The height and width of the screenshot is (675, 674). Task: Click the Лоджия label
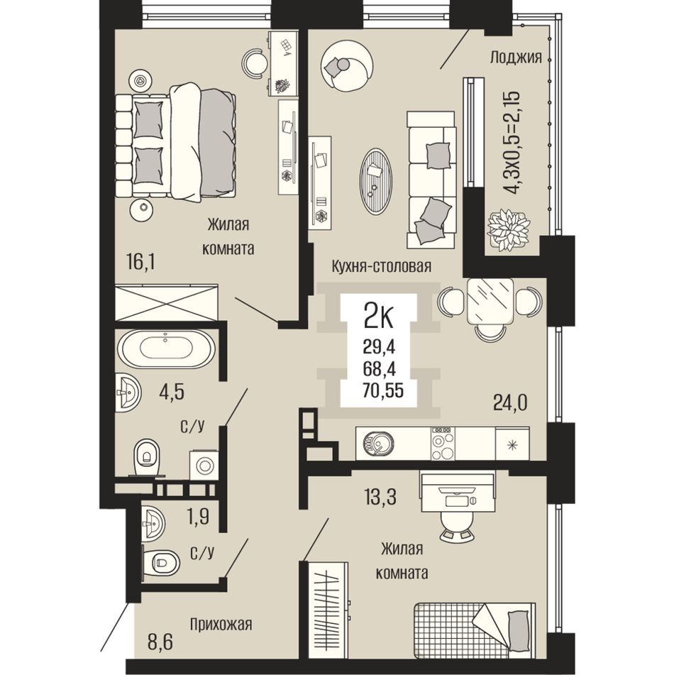(516, 57)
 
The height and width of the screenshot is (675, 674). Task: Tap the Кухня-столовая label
(381, 266)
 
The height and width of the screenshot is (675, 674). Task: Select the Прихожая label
(221, 624)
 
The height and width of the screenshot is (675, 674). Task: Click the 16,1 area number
(140, 261)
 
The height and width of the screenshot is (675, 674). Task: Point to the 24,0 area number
(510, 403)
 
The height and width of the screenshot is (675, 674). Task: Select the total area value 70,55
(383, 390)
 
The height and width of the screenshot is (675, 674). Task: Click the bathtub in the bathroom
(166, 349)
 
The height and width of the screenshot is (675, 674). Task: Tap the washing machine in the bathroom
(204, 464)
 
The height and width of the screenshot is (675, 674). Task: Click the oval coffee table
(376, 181)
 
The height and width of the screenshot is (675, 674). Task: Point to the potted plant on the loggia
(507, 230)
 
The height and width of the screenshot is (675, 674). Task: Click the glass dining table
(490, 301)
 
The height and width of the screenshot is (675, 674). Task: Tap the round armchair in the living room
(347, 66)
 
